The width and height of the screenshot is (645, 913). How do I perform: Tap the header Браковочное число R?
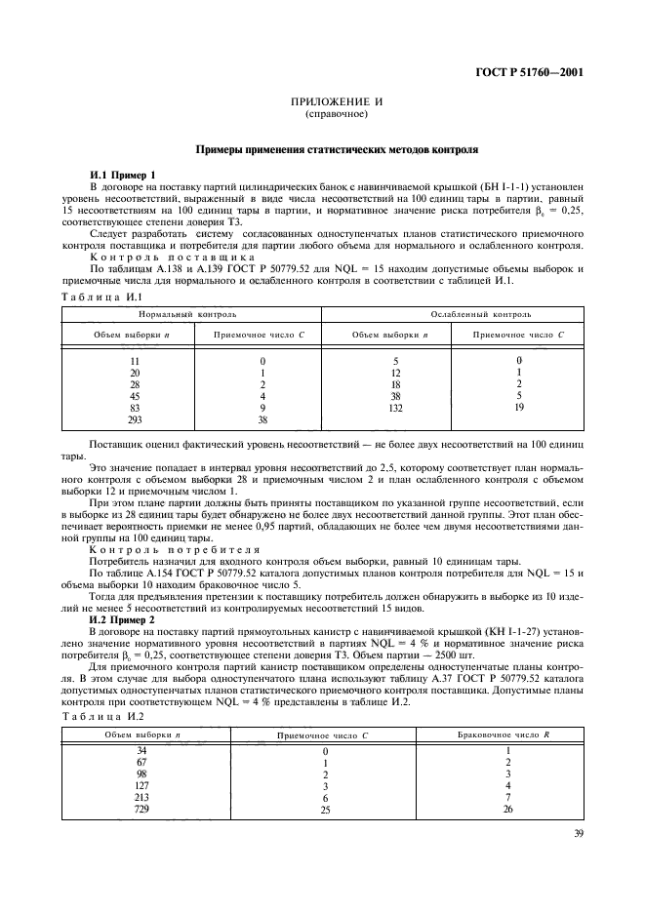(504, 733)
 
